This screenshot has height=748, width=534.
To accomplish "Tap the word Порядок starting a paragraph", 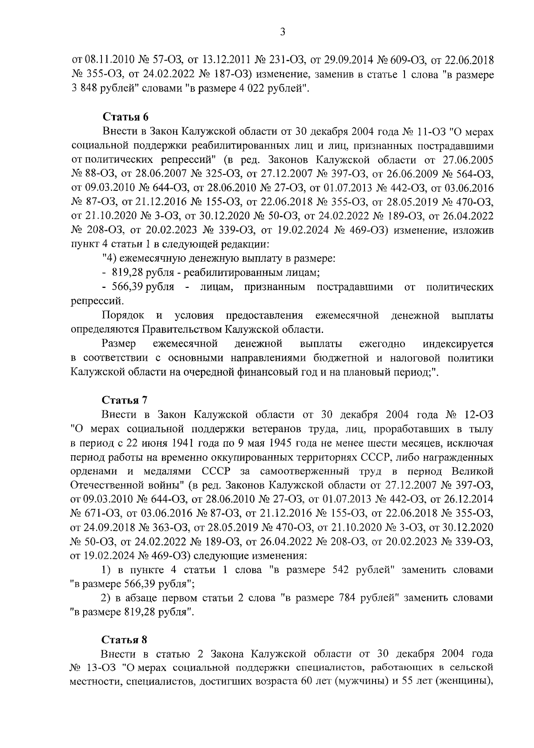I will (123, 315).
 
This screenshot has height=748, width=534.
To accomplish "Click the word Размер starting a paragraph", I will (119, 344).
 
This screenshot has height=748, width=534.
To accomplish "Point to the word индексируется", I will (458, 344).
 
